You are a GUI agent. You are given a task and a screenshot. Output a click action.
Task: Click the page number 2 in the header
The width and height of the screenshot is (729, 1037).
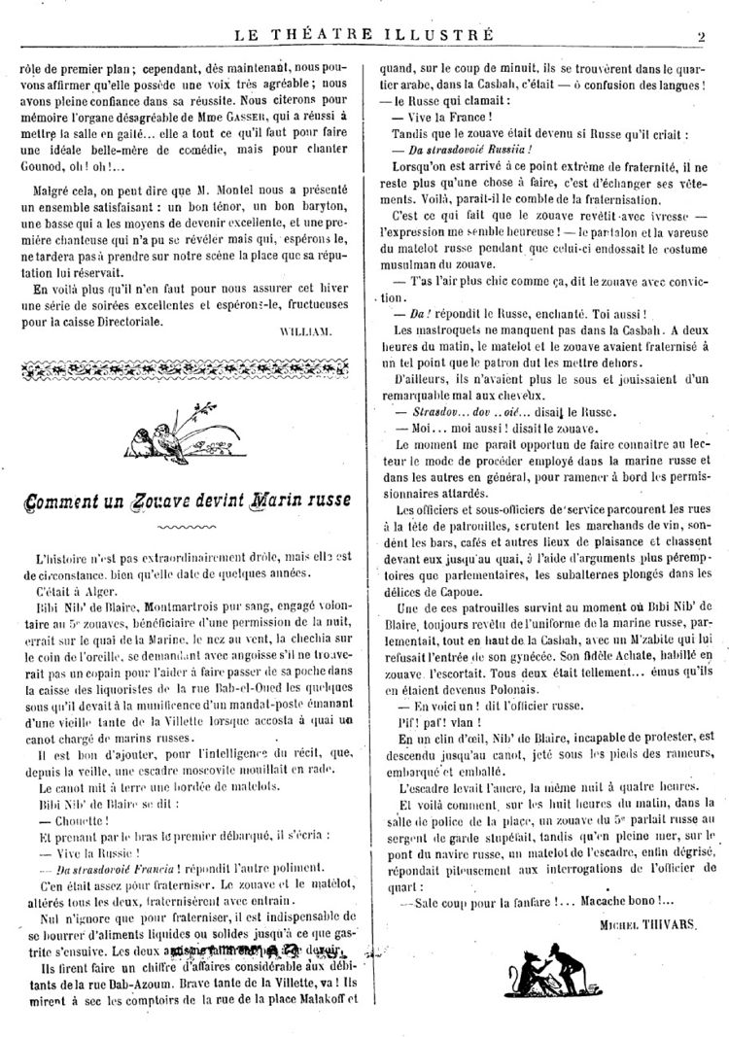coord(699,36)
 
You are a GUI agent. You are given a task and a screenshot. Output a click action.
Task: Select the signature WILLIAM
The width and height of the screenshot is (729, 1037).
coord(304,331)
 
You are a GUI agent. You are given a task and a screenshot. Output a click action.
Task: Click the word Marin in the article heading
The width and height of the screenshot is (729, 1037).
coord(258,503)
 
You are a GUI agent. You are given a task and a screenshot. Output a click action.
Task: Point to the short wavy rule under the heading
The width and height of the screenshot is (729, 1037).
coord(184,531)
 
